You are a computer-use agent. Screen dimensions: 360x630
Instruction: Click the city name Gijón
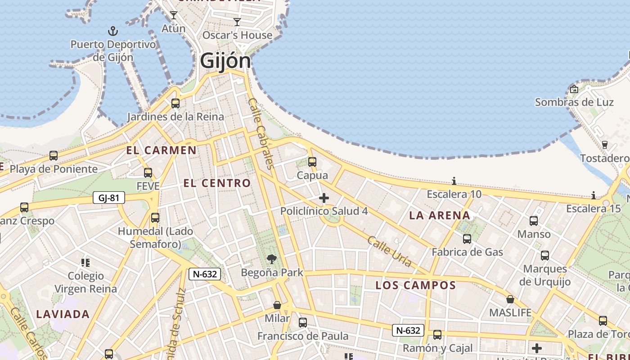(x=225, y=60)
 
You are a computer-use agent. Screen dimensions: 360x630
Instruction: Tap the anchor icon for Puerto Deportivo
(x=113, y=31)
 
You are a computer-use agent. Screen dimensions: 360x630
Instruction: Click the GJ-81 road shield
(x=108, y=198)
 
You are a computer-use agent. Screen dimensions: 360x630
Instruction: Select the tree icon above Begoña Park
(x=271, y=259)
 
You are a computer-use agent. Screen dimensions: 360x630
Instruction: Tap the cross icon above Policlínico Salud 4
(x=324, y=198)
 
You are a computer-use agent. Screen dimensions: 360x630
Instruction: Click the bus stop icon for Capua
(x=312, y=162)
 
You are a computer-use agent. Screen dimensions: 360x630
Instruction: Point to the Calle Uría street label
(x=389, y=251)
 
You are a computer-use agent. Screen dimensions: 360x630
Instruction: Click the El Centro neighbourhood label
(x=217, y=183)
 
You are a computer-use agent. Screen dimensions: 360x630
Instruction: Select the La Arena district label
(x=440, y=216)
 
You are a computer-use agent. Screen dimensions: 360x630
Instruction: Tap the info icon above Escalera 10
(x=454, y=181)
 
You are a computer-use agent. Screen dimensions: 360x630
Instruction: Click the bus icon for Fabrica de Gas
(x=467, y=238)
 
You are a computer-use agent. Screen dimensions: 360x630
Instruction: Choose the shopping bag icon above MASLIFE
(x=510, y=299)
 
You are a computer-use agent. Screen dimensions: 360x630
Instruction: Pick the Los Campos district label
(x=415, y=285)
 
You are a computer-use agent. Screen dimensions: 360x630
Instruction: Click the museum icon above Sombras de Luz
(x=574, y=89)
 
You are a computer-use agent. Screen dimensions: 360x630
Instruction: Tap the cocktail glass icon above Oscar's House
(x=237, y=22)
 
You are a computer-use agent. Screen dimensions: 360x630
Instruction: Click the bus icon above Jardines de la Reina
(x=175, y=103)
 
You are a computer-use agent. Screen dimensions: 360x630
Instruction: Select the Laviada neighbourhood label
(x=63, y=314)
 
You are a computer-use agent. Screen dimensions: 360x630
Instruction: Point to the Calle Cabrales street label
(x=261, y=134)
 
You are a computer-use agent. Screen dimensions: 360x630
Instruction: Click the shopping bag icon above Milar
(x=277, y=305)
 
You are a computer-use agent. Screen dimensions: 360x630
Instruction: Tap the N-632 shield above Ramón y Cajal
(x=408, y=330)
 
